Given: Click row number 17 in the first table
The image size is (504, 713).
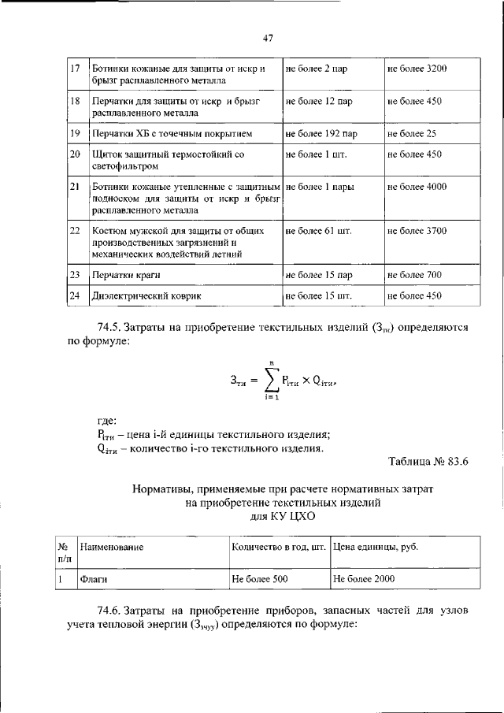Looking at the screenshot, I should click(x=76, y=69).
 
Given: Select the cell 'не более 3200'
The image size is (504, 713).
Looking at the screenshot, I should click(x=417, y=69).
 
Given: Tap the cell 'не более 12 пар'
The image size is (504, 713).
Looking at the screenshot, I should click(x=318, y=102).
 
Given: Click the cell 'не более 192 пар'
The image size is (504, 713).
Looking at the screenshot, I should click(x=321, y=134).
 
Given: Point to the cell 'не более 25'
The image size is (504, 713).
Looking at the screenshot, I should click(x=410, y=134).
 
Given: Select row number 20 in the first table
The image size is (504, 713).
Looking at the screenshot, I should click(x=76, y=154).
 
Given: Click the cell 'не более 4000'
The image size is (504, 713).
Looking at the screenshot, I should click(x=417, y=188).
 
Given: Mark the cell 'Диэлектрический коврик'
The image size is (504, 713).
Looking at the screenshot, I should click(x=141, y=295).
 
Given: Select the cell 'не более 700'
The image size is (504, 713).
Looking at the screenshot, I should click(x=413, y=275).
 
